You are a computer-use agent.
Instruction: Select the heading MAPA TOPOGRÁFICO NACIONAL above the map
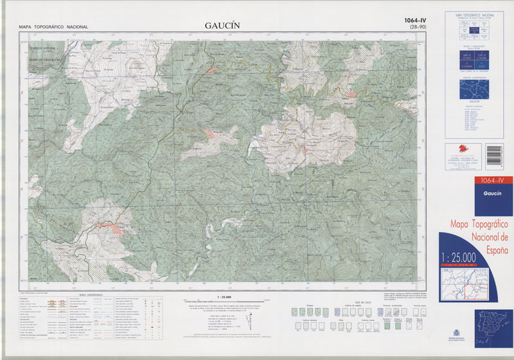click(x=53, y=27)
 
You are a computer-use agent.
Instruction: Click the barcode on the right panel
click(x=495, y=156)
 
